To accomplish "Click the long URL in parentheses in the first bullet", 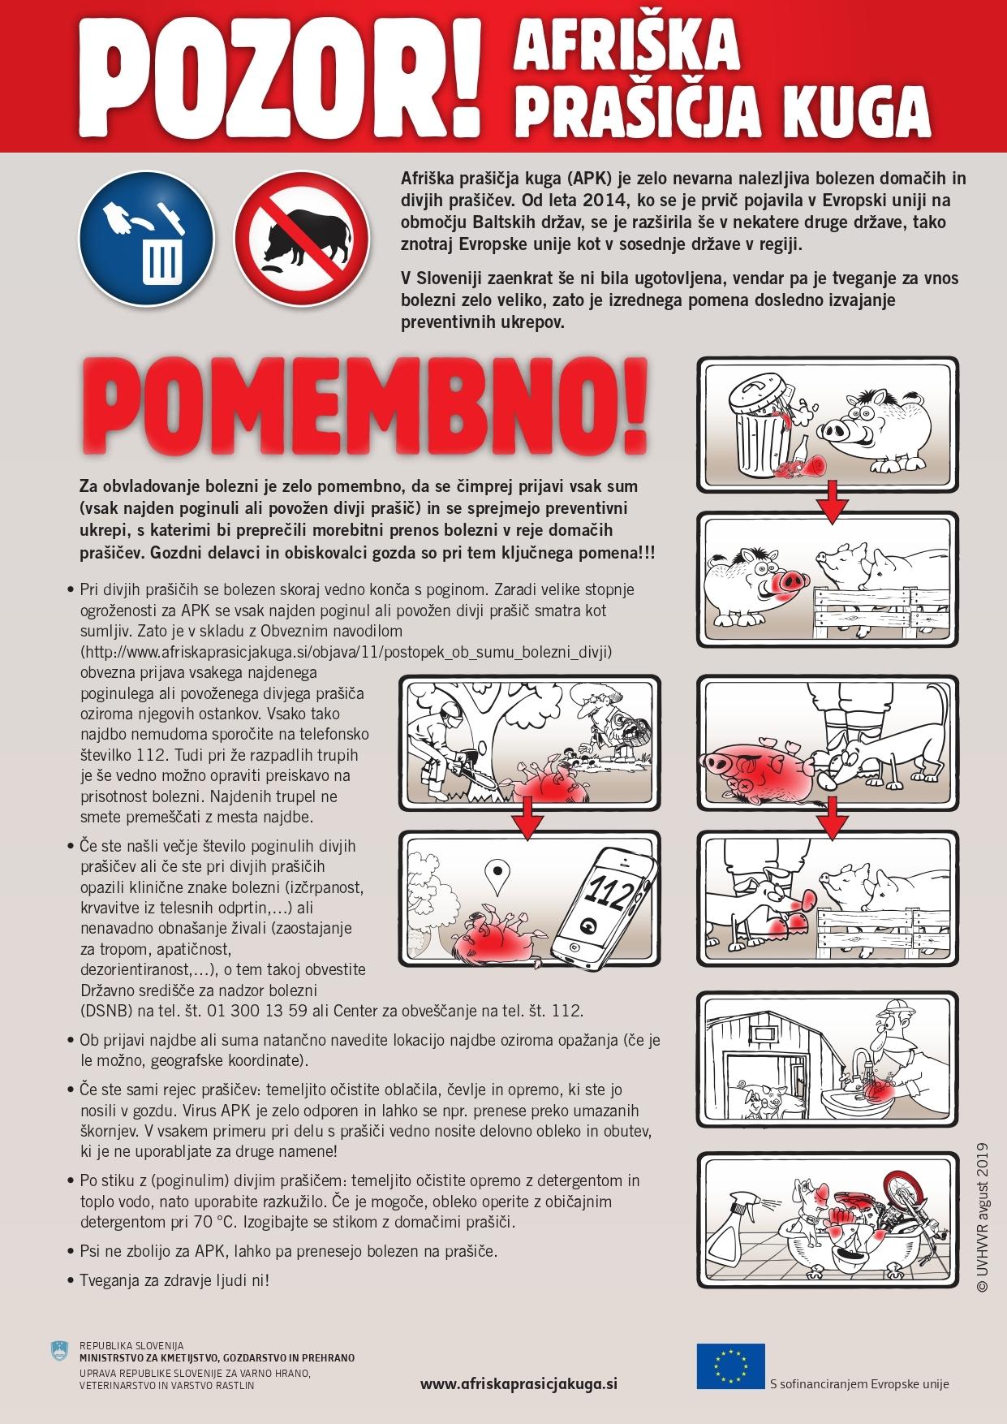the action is pos(345,651).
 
